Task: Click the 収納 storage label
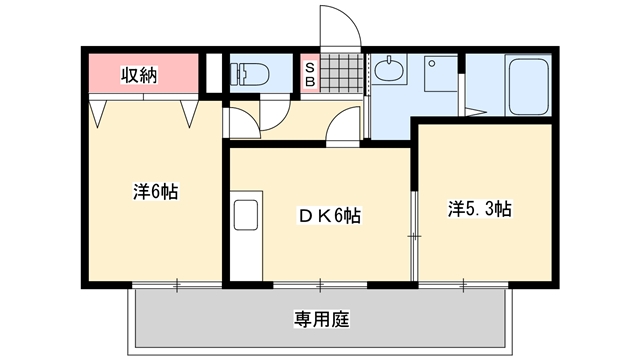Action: click(x=139, y=75)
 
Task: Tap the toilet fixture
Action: click(x=249, y=74)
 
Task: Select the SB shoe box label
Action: click(x=310, y=74)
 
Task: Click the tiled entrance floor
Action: click(x=342, y=73)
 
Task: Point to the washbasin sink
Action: click(x=389, y=69)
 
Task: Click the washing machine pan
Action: click(x=440, y=74)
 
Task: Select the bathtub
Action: click(x=528, y=85)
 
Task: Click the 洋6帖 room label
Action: click(x=156, y=192)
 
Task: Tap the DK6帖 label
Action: click(x=330, y=216)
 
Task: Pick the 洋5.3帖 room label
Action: click(x=480, y=209)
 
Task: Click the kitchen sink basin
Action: click(x=246, y=215)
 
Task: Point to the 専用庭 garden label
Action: click(x=322, y=319)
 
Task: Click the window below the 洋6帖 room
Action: click(x=177, y=285)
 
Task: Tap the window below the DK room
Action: click(x=320, y=285)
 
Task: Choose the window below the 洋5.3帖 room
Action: click(x=463, y=285)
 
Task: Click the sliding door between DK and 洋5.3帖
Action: click(x=414, y=236)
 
